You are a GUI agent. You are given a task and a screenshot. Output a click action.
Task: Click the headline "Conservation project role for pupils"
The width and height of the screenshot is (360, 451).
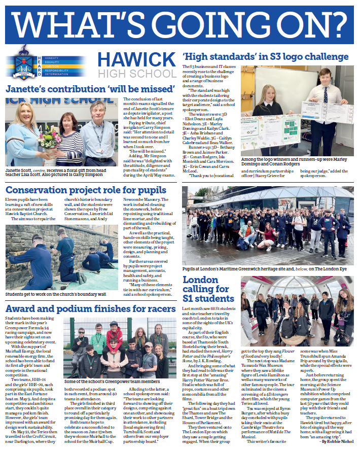86,191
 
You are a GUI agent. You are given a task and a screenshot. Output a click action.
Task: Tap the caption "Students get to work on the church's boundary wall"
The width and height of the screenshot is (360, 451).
56,294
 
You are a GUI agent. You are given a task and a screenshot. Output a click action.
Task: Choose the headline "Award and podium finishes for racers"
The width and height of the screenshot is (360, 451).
90,308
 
